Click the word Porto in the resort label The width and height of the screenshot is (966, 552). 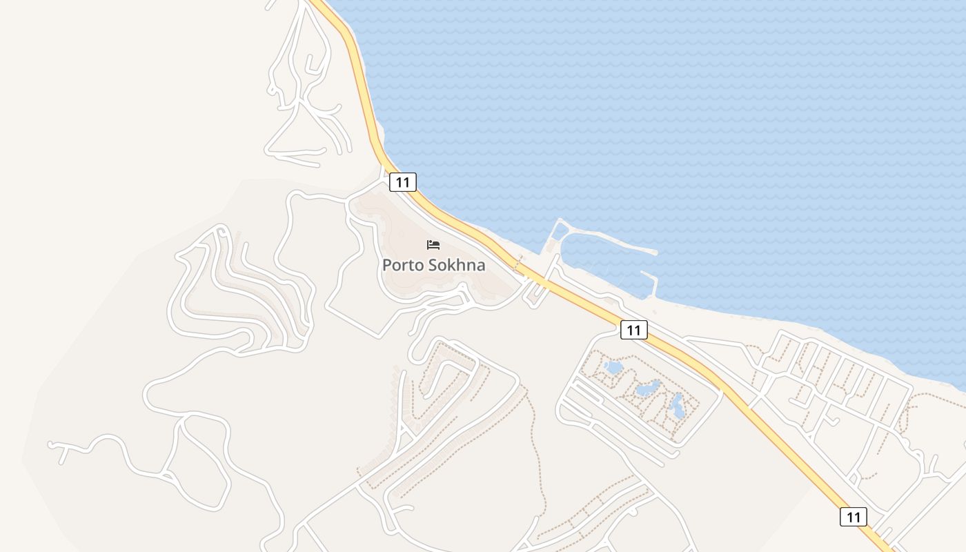tap(402, 265)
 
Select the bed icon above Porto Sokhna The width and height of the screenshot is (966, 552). tap(433, 245)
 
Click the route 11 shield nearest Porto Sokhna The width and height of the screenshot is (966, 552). tap(402, 182)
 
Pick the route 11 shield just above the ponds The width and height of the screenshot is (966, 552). tap(633, 330)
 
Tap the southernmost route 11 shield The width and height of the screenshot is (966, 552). tap(853, 516)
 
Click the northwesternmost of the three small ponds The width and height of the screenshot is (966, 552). tap(613, 368)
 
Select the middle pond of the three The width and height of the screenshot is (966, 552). tap(648, 388)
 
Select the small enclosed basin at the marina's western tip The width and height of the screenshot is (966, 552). tap(558, 232)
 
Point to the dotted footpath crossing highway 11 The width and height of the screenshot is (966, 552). tap(518, 264)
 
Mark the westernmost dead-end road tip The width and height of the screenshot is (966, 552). tap(50, 444)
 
